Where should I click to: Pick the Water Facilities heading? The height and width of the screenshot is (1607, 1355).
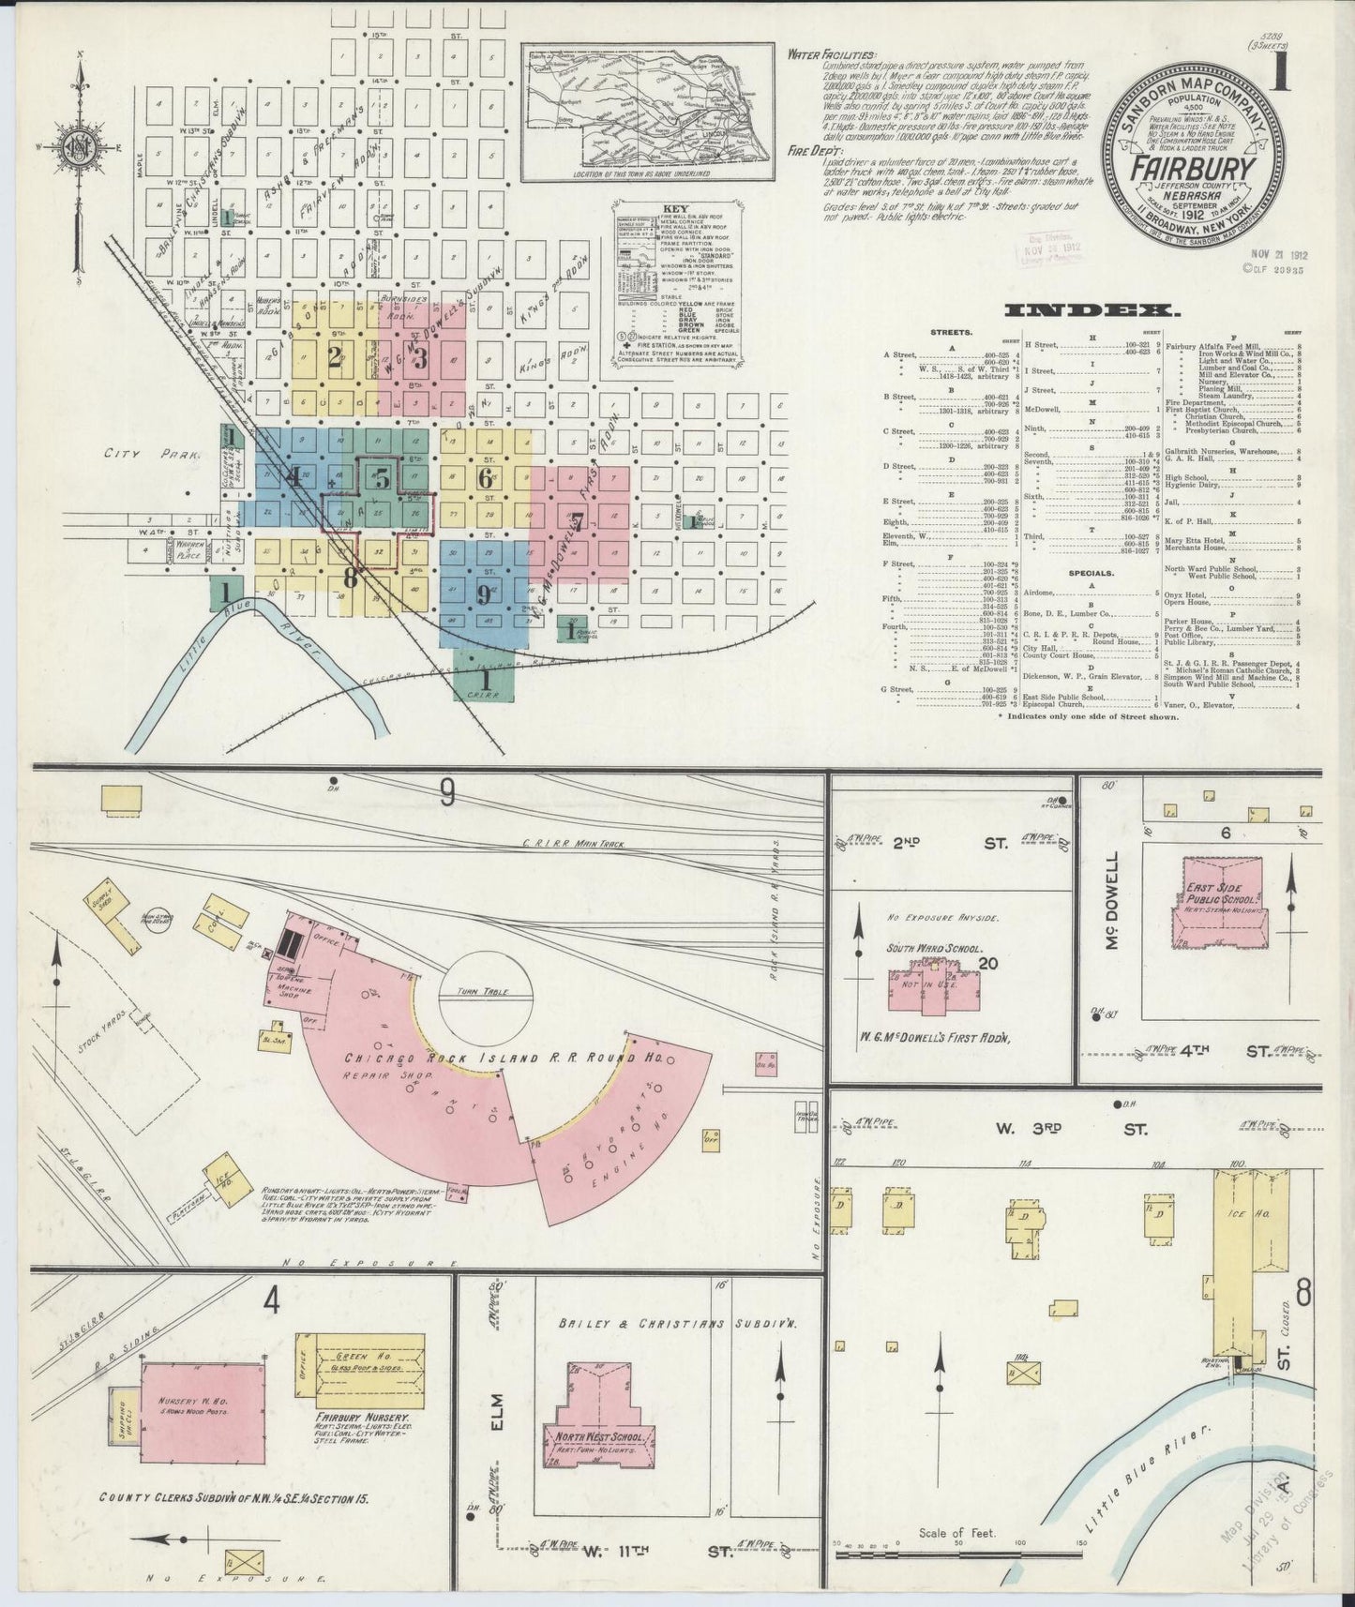click(x=832, y=55)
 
